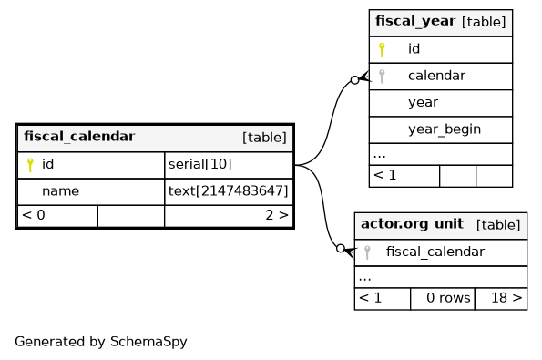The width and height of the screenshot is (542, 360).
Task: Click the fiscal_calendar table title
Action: tap(79, 137)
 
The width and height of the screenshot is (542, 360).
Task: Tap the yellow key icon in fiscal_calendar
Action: tap(30, 165)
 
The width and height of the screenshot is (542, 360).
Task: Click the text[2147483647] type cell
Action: tap(228, 190)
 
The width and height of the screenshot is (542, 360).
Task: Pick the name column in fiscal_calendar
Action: tap(60, 190)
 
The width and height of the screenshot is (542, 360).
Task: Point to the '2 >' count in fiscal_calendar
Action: tap(277, 215)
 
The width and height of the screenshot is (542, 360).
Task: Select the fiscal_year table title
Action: tap(415, 22)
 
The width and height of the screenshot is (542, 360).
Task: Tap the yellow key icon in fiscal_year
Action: tap(382, 49)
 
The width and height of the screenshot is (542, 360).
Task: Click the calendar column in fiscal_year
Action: tap(436, 76)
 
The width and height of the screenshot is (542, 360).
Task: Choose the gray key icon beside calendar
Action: tap(382, 76)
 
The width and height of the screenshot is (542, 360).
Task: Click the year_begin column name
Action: tap(445, 129)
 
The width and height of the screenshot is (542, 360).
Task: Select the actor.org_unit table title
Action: tap(412, 224)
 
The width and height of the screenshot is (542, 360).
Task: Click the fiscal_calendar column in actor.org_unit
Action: tap(435, 252)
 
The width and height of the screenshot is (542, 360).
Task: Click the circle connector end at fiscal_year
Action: tap(354, 80)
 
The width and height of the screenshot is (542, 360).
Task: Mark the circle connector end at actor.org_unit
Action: tap(341, 248)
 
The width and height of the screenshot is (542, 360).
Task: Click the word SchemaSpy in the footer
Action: tap(148, 342)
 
